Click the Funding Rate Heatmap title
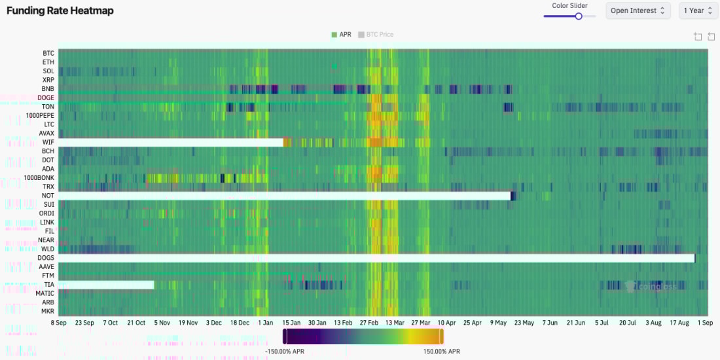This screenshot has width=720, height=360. point(60,11)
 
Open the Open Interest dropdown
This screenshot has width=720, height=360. point(638,10)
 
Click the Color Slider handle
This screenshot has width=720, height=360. point(579,16)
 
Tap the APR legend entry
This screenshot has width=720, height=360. point(342,35)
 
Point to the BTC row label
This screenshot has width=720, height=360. point(48,53)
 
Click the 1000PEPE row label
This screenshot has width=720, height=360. point(40,115)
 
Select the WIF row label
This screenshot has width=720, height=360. point(48,142)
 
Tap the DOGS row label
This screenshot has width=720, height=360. point(46,258)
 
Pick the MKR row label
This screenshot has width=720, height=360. point(48,311)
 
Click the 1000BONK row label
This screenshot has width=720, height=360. point(39,177)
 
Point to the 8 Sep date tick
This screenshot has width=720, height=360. point(59,323)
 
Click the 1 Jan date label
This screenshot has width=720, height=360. point(266,323)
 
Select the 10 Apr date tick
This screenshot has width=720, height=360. point(446,323)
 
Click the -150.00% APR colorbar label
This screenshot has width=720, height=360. point(284,351)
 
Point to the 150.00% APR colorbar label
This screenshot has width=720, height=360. point(441,351)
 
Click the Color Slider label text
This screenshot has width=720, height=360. point(569,6)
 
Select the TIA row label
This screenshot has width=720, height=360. point(49,285)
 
